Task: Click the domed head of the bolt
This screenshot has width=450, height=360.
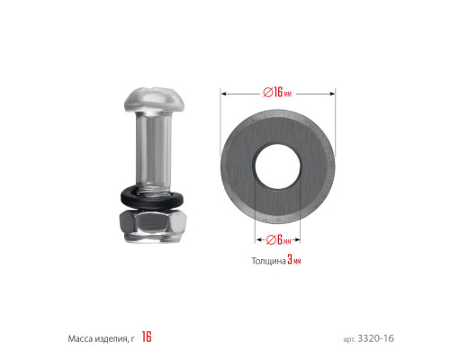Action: pos(154,100)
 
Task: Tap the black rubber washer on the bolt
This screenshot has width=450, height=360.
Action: pos(152,198)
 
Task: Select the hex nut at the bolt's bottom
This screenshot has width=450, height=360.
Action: pos(153,226)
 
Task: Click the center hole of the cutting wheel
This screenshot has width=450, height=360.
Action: pos(277,166)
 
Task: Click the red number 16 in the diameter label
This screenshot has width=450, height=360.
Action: pos(278,92)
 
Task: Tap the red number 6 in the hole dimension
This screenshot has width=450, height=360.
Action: pos(280,239)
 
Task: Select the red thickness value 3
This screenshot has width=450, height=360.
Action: pos(290,259)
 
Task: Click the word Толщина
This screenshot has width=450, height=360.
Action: pos(268,261)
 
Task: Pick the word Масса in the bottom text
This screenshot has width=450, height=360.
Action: pos(80,339)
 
